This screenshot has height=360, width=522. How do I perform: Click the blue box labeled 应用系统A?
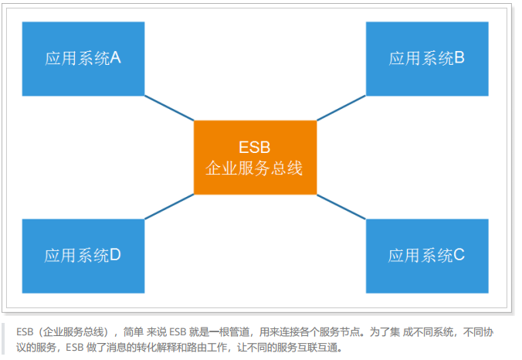pyautogui.click(x=83, y=58)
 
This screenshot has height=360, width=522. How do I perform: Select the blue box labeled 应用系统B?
pyautogui.click(x=427, y=58)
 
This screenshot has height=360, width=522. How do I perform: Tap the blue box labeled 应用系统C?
pyautogui.click(x=427, y=256)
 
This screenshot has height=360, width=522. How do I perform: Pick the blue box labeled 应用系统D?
pyautogui.click(x=83, y=256)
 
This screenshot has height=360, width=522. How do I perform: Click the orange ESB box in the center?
pyautogui.click(x=255, y=157)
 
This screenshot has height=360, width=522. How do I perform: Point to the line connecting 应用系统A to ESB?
pyautogui.click(x=169, y=107)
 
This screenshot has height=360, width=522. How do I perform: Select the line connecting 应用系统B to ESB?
pyautogui.click(x=341, y=107)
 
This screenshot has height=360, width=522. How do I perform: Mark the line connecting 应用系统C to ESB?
pyautogui.click(x=341, y=206)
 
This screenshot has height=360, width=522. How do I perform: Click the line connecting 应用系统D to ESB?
pyautogui.click(x=169, y=206)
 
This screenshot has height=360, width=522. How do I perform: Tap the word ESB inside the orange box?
pyautogui.click(x=255, y=147)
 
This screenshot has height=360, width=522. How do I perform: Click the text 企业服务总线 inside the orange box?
pyautogui.click(x=255, y=168)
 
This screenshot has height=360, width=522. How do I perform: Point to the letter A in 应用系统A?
pyautogui.click(x=117, y=58)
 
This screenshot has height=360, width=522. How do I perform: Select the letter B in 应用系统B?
pyautogui.click(x=459, y=58)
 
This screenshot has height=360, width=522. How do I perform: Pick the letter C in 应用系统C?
pyautogui.click(x=459, y=256)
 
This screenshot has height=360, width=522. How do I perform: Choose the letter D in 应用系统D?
pyautogui.click(x=116, y=256)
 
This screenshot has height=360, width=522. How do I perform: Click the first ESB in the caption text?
pyautogui.click(x=25, y=331)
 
